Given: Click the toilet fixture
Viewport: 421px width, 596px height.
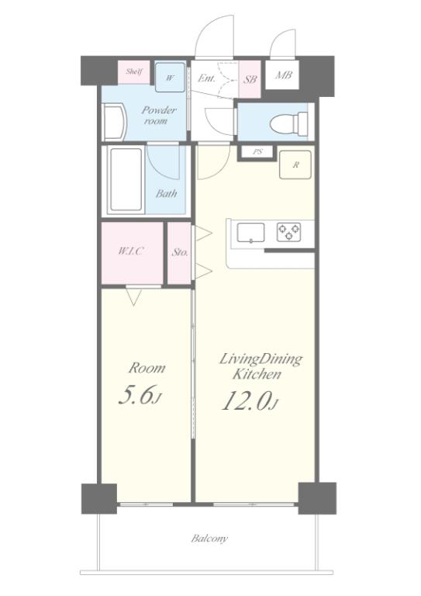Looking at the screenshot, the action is pyautogui.click(x=289, y=123).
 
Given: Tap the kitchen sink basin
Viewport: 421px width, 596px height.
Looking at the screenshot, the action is pyautogui.click(x=250, y=233).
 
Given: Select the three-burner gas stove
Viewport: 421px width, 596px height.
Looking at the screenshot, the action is pyautogui.click(x=288, y=232).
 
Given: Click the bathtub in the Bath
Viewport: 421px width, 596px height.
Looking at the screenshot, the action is pyautogui.click(x=126, y=180).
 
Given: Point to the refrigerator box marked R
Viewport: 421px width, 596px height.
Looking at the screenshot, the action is pyautogui.click(x=295, y=165).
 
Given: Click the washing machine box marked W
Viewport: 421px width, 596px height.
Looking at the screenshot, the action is pyautogui.click(x=170, y=78).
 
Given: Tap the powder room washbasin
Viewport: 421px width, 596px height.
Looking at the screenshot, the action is pyautogui.click(x=115, y=122).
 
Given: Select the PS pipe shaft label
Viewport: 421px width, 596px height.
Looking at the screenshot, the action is pyautogui.click(x=257, y=152).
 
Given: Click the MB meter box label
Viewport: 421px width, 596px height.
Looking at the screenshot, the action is pyautogui.click(x=284, y=75).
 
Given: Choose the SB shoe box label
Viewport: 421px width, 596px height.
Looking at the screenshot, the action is pyautogui.click(x=250, y=79).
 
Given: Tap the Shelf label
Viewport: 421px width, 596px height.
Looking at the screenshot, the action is pyautogui.click(x=134, y=71).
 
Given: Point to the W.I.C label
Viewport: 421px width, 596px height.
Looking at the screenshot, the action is pyautogui.click(x=131, y=251).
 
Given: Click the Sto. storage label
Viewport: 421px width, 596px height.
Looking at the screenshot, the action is pyautogui.click(x=180, y=252).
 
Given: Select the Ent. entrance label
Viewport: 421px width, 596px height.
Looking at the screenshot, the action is pyautogui.click(x=206, y=78).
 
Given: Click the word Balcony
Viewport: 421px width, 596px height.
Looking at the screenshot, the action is pyautogui.click(x=209, y=539).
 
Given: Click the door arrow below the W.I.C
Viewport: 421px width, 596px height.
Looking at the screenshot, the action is pyautogui.click(x=133, y=297).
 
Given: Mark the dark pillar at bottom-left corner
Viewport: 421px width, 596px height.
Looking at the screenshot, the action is pyautogui.click(x=99, y=498).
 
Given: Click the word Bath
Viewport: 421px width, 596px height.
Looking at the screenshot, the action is pyautogui.click(x=166, y=193).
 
